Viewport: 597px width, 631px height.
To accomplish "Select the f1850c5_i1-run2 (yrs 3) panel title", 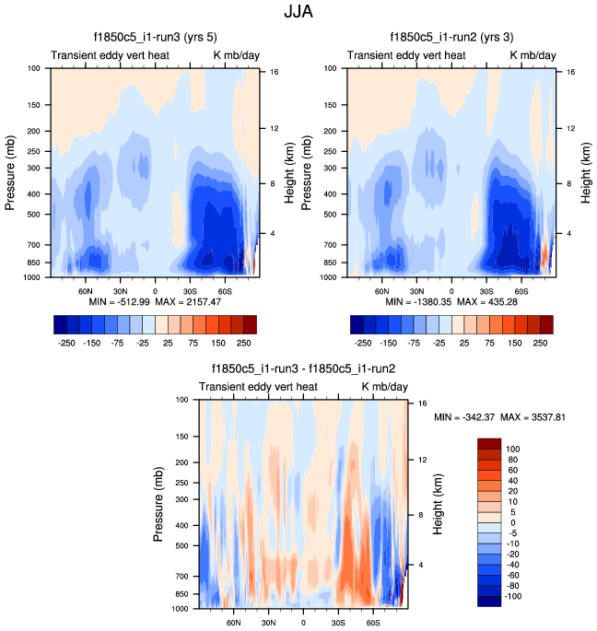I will pos(451,38).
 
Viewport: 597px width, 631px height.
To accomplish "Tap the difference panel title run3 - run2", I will pos(302,369).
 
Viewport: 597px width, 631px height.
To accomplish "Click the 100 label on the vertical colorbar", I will pos(512,449).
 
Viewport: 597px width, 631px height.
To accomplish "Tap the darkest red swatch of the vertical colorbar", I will pos(489,444).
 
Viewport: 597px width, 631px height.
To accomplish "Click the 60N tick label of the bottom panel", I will pos(234,621).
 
